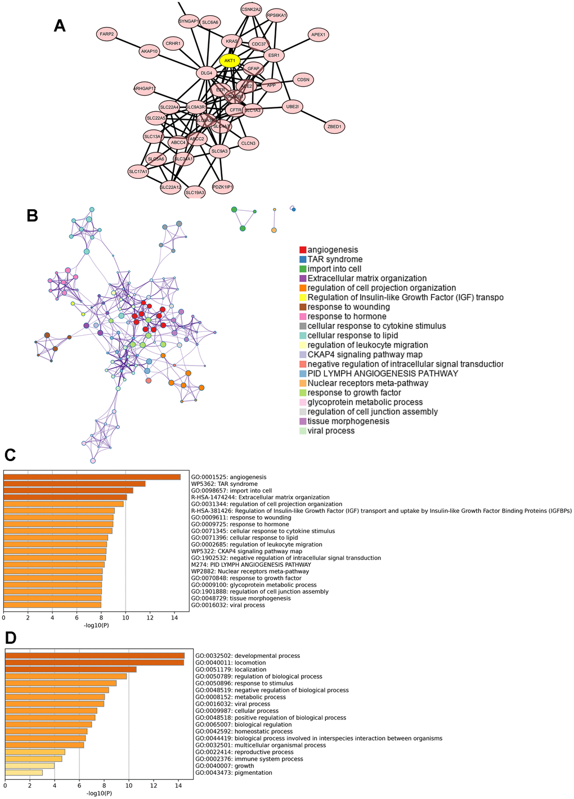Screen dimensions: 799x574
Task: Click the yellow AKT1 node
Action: (x=230, y=61)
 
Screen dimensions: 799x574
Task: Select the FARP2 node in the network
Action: (x=107, y=34)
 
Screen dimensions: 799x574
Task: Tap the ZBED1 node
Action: (x=334, y=127)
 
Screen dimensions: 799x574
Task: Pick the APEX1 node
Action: (x=318, y=35)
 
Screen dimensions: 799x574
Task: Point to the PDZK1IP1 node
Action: (x=223, y=187)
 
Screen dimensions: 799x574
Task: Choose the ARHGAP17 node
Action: (x=145, y=88)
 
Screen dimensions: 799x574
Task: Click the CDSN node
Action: (x=303, y=80)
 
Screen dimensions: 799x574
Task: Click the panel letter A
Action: (x=60, y=25)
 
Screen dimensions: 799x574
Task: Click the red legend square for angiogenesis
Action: (x=303, y=250)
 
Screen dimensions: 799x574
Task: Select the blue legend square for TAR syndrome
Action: (x=303, y=259)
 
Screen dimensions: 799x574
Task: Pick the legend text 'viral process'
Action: (x=331, y=431)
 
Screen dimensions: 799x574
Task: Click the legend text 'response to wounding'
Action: (x=348, y=307)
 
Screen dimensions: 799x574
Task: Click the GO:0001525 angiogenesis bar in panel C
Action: (x=92, y=477)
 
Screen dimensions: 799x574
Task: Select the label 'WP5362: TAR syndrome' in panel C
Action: (x=224, y=484)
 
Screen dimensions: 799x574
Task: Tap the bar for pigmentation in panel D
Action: (x=24, y=773)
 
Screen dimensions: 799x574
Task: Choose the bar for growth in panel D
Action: (x=30, y=766)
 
